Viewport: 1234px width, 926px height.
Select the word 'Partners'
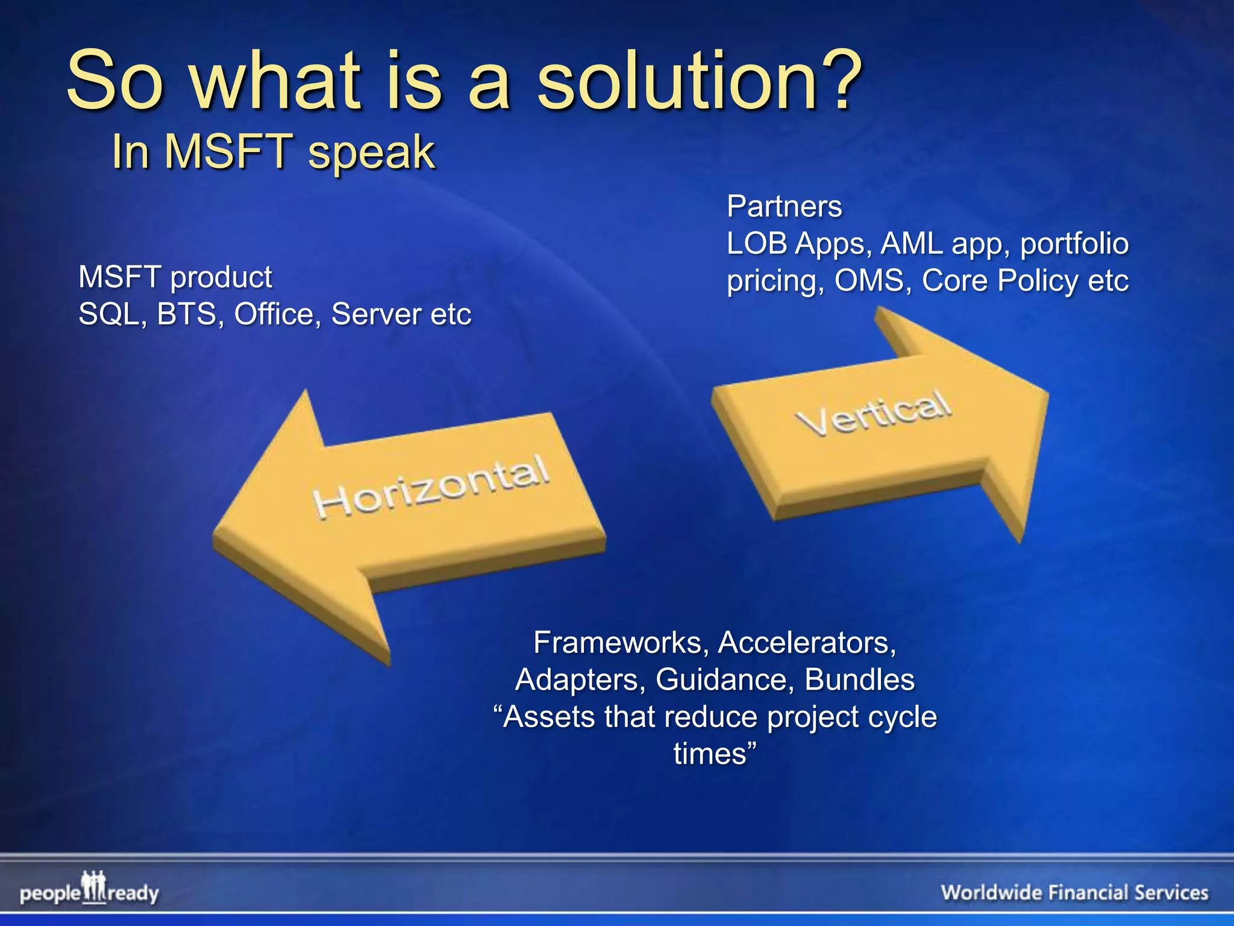point(784,207)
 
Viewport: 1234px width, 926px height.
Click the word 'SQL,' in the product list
point(113,314)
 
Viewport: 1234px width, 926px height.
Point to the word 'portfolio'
point(1074,244)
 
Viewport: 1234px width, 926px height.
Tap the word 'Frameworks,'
point(621,643)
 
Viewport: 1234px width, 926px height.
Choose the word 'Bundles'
point(859,680)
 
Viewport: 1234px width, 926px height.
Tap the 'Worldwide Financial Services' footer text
point(1074,892)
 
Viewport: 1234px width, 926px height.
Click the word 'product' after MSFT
point(221,277)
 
